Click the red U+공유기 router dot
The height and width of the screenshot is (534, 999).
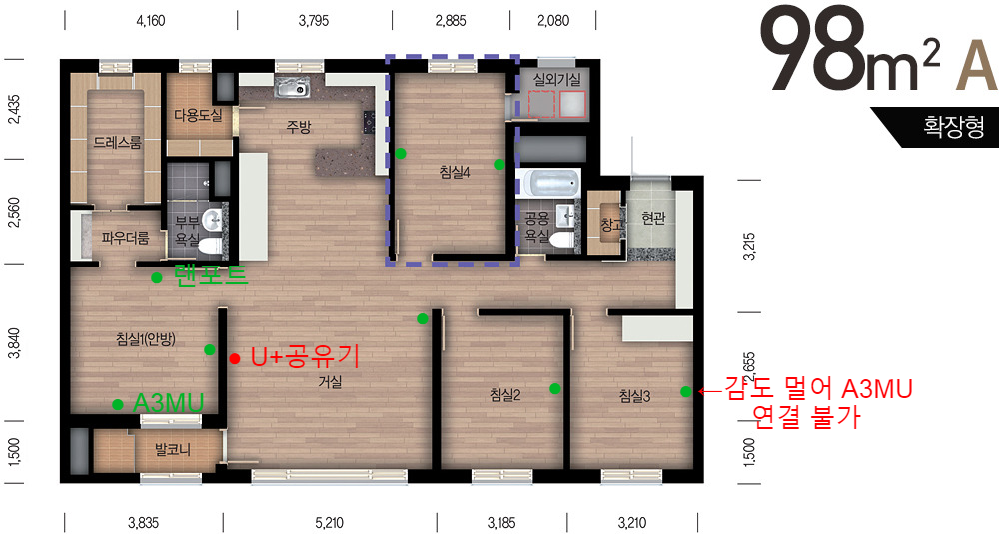pyautogui.click(x=235, y=359)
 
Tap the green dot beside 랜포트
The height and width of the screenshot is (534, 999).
pyautogui.click(x=157, y=277)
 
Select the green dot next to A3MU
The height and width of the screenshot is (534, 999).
pyautogui.click(x=118, y=404)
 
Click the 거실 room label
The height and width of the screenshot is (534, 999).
pyautogui.click(x=331, y=382)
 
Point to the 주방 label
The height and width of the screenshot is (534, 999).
pyautogui.click(x=298, y=127)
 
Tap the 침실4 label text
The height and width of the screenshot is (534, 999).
pyautogui.click(x=455, y=172)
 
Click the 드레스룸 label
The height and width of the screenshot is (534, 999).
pyautogui.click(x=117, y=142)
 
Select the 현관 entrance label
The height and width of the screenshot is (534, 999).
pyautogui.click(x=653, y=218)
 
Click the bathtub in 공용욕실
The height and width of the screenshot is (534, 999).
pyautogui.click(x=547, y=183)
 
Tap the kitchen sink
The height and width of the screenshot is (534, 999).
pyautogui.click(x=293, y=88)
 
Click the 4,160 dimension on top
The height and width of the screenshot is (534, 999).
pyautogui.click(x=151, y=21)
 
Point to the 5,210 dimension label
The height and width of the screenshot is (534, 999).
pyautogui.click(x=329, y=523)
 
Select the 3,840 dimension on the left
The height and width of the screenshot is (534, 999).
pyautogui.click(x=14, y=343)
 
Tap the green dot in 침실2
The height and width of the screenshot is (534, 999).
pyautogui.click(x=554, y=388)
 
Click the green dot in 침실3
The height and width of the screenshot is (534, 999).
pyautogui.click(x=685, y=391)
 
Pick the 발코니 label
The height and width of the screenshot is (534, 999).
pyautogui.click(x=173, y=450)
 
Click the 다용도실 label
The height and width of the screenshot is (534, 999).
pyautogui.click(x=198, y=115)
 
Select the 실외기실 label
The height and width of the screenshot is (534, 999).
pyautogui.click(x=557, y=80)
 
